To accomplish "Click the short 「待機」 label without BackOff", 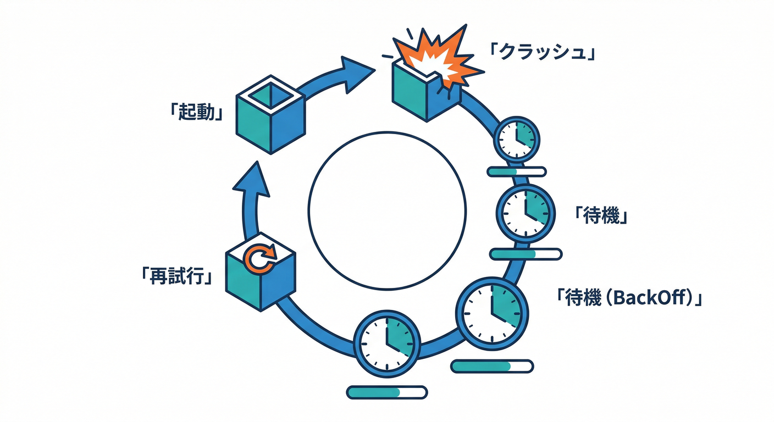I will (x=601, y=215).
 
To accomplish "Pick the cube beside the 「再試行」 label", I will (x=261, y=279).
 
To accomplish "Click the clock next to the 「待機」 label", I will (x=526, y=212).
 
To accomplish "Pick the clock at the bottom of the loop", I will (x=387, y=344).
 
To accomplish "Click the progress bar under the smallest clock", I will (x=517, y=172).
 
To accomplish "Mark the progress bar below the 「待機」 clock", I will (x=526, y=254).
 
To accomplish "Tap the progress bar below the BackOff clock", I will (x=492, y=366).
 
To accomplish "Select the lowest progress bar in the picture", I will (x=387, y=392).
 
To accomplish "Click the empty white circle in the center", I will (x=387, y=210).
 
